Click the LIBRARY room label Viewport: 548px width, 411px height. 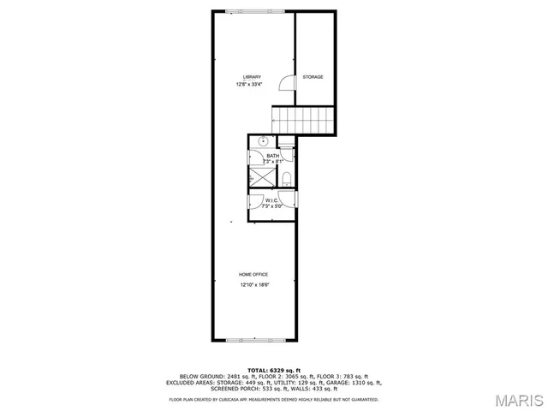tap(251, 77)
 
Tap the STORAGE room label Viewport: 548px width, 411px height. tap(313, 77)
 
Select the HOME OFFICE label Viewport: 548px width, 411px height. tap(253, 274)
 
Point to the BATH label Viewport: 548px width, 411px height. tap(273, 155)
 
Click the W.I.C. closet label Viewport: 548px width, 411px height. tap(272, 200)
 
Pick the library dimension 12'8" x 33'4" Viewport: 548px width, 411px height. tap(251, 85)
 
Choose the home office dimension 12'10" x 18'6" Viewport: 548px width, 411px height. tap(253, 284)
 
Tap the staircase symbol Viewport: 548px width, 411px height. tap(302, 119)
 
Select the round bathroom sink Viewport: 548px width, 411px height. tap(264, 141)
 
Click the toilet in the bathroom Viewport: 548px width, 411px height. tap(289, 177)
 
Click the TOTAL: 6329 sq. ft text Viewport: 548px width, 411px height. tap(273, 368)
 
